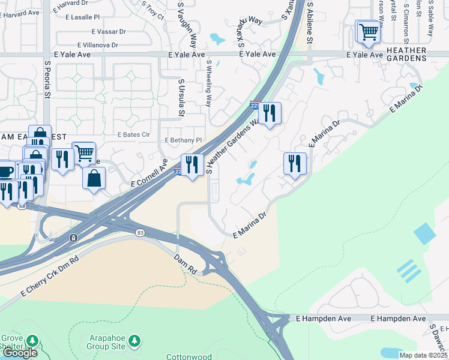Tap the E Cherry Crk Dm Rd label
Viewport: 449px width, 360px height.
(49, 277)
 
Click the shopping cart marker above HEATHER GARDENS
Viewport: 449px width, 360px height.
(369, 31)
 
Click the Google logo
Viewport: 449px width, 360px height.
(19, 353)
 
